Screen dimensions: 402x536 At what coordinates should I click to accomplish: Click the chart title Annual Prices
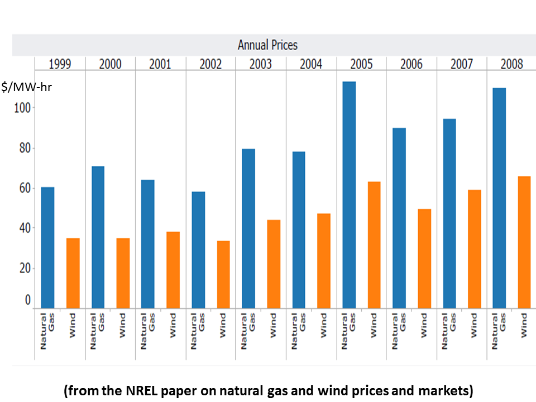(x=267, y=45)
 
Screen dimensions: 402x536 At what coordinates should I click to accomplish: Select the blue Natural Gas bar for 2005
(x=349, y=195)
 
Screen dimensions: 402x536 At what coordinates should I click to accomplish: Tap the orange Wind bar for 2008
(x=524, y=242)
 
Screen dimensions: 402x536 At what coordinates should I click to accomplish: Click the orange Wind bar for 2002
(x=223, y=274)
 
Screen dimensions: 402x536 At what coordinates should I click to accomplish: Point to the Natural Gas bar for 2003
(x=248, y=228)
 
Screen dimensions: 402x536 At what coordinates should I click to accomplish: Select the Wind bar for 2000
(x=123, y=273)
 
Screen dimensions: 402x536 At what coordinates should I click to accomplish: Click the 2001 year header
(x=160, y=64)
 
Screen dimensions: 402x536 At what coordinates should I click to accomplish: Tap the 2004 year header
(x=311, y=64)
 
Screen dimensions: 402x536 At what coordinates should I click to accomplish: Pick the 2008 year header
(x=511, y=64)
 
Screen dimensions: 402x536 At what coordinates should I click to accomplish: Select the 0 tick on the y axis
(x=28, y=300)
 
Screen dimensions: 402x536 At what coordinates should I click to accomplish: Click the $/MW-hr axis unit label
(x=26, y=87)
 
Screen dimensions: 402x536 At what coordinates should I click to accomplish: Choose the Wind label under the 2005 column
(x=373, y=324)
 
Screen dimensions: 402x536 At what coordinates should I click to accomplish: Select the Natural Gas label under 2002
(x=198, y=331)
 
